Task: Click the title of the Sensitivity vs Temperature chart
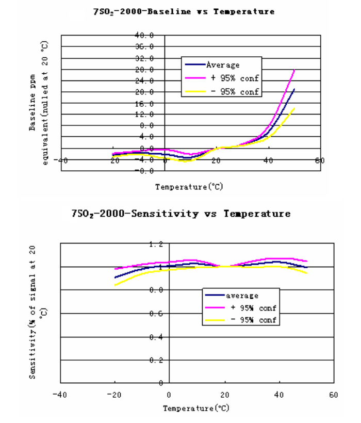click(181, 214)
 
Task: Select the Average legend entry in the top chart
click(222, 65)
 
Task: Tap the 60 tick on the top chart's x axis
click(320, 160)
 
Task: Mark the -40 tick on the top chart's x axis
click(61, 160)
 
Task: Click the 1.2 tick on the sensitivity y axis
click(156, 243)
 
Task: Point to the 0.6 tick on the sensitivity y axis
click(156, 314)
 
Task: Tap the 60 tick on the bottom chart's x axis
click(333, 395)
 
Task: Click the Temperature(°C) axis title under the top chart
click(189, 187)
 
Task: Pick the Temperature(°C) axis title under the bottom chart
click(189, 409)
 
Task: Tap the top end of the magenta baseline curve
click(294, 70)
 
